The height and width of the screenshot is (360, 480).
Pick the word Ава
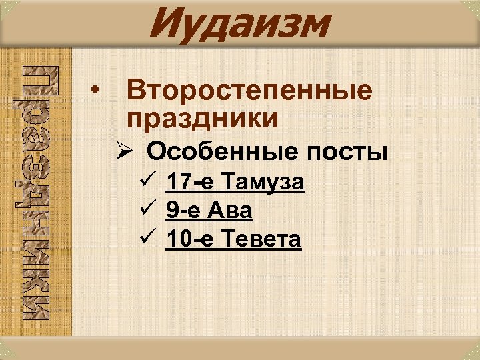pyautogui.click(x=231, y=211)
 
